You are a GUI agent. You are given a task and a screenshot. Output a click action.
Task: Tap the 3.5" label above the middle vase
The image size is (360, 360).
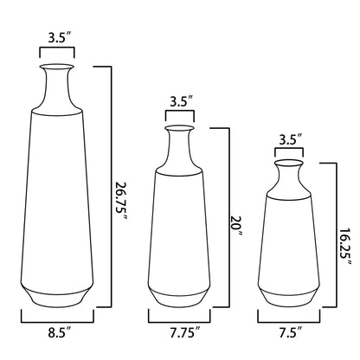click(180, 100)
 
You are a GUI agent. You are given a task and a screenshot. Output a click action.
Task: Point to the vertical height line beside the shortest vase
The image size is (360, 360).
click(334, 234)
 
